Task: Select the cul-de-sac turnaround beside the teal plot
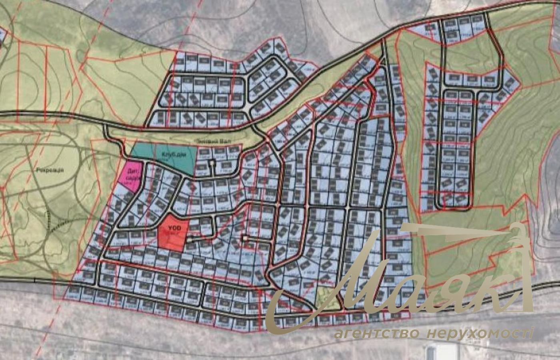coord(211,163)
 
